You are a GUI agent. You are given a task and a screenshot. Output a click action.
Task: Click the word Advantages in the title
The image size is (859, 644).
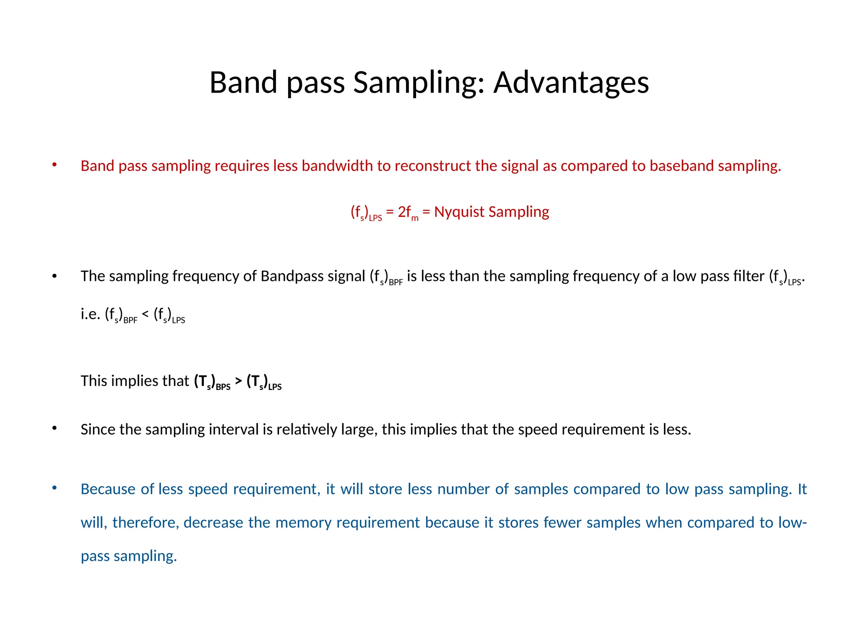[571, 83]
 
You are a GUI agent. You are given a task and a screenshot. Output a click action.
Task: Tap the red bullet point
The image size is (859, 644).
[54, 165]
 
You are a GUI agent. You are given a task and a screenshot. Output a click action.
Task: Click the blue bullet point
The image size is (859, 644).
[54, 488]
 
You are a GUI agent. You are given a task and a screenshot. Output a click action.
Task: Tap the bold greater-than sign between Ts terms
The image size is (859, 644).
[238, 380]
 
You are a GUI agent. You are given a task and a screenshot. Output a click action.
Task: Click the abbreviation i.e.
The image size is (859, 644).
[90, 314]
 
